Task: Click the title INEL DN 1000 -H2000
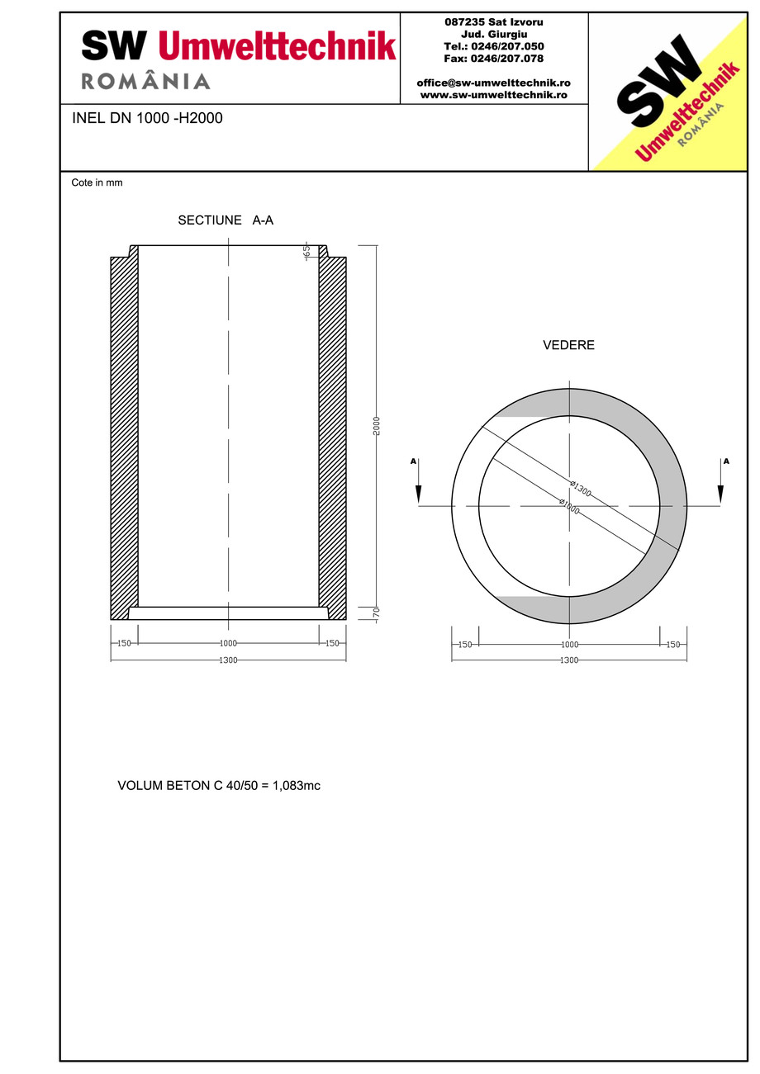click(x=147, y=118)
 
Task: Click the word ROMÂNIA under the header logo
click(x=146, y=81)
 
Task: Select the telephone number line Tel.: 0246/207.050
click(x=494, y=46)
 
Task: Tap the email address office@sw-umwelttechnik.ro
click(x=493, y=83)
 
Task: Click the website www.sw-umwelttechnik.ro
click(x=493, y=95)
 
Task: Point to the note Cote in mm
click(x=97, y=182)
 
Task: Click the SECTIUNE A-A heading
click(x=226, y=220)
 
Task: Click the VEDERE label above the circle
click(x=568, y=345)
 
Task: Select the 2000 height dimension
click(x=376, y=426)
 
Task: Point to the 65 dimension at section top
click(x=306, y=251)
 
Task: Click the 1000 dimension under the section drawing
click(x=228, y=643)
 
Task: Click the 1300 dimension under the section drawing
click(x=228, y=660)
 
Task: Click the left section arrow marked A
click(x=418, y=483)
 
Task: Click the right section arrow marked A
click(x=720, y=483)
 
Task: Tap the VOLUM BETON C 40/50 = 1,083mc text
click(x=219, y=785)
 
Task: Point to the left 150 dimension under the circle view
click(x=465, y=645)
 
